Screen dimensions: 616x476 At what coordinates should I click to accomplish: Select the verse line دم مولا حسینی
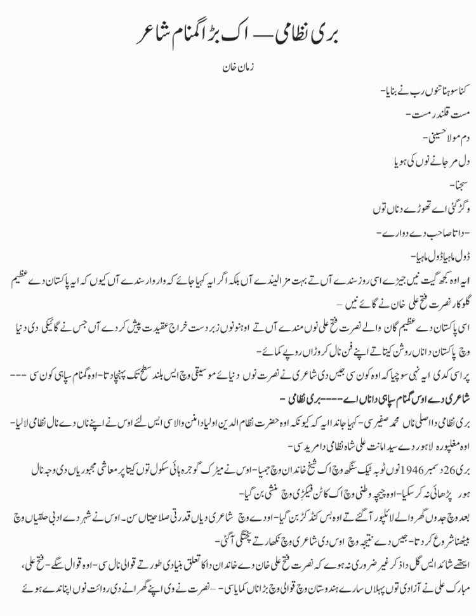(445, 136)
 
